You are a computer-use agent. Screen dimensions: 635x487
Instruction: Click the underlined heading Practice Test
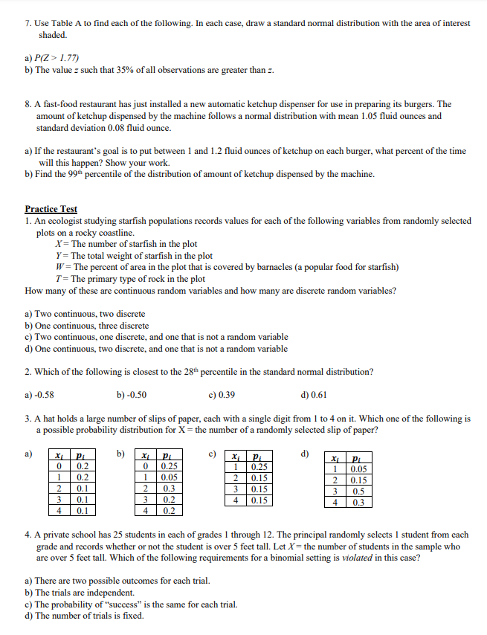point(51,210)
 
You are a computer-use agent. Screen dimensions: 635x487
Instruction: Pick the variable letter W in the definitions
point(59,267)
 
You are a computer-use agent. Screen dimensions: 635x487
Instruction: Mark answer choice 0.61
point(317,394)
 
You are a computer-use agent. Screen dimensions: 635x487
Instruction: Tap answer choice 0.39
point(226,394)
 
